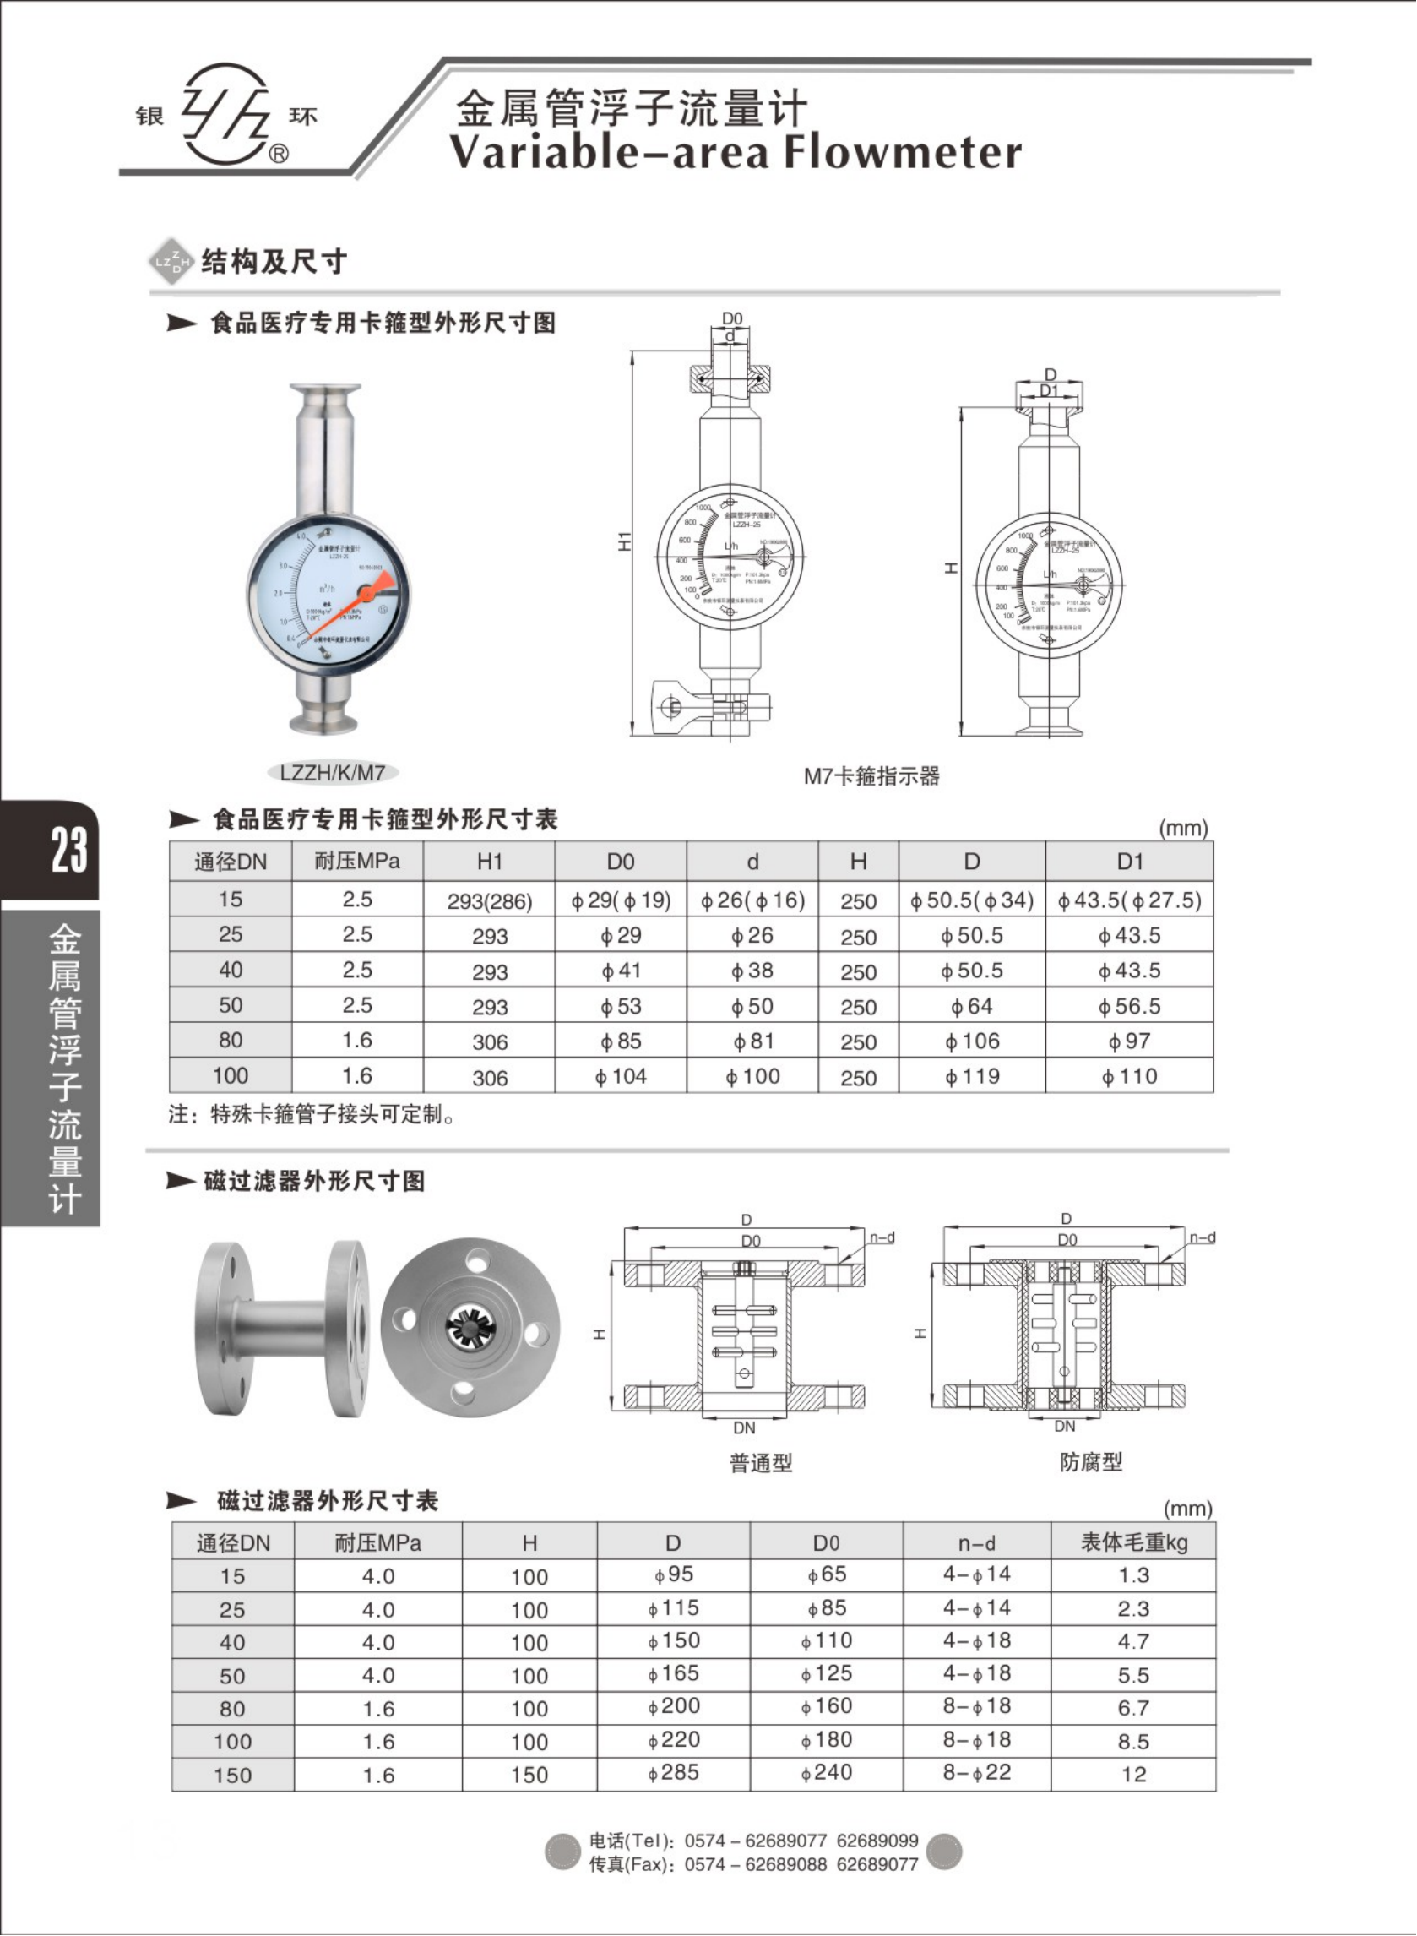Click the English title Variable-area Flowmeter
pos(735,153)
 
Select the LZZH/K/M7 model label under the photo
pos(332,773)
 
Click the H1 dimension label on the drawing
pos(624,541)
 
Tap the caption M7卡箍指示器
pos(871,776)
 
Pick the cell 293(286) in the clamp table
pos(490,901)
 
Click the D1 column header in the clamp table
pos(1130,862)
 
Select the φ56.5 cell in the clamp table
pos(1130,1006)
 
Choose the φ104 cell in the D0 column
pos(621,1076)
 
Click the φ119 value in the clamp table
pos(972,1076)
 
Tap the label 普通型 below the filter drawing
pos(760,1462)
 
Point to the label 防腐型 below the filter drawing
pos(1090,1461)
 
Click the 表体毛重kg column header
pos(1133,1543)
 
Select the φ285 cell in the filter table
pos(673,1773)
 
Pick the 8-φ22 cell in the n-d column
pos(977,1773)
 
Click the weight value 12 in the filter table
pos(1133,1775)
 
